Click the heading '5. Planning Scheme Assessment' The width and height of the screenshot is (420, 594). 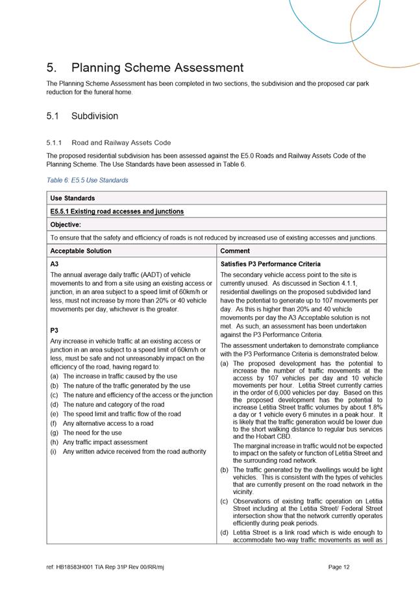pyautogui.click(x=145, y=68)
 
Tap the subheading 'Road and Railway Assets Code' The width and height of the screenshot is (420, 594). pyautogui.click(x=121, y=142)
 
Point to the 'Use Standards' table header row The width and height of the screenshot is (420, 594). pyautogui.click(x=72, y=198)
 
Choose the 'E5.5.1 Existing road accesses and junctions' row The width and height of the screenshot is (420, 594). pyautogui.click(x=117, y=211)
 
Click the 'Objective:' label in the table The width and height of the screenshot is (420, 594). pyautogui.click(x=66, y=225)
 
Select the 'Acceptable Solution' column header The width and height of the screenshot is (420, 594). pyautogui.click(x=80, y=251)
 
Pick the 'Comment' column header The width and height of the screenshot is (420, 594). pyautogui.click(x=234, y=251)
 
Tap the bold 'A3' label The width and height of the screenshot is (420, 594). pyautogui.click(x=55, y=264)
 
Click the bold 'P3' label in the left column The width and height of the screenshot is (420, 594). pyautogui.click(x=55, y=330)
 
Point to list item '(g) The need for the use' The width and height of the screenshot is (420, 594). pyautogui.click(x=92, y=432)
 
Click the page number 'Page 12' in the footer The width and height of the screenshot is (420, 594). pyautogui.click(x=340, y=567)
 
